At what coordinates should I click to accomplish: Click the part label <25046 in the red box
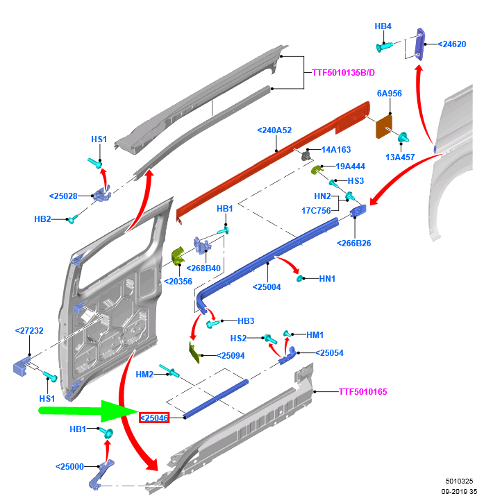pos(155,418)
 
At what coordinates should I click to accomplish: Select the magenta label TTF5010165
pos(362,392)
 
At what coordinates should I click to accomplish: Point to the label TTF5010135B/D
pos(343,72)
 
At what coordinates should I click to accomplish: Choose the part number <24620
pos(452,44)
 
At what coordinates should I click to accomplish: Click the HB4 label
pos(383,26)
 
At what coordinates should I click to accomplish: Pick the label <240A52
pos(274,130)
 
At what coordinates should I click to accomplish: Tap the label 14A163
pos(336,150)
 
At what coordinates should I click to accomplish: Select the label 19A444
pos(351,166)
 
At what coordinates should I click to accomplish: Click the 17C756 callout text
pos(315,211)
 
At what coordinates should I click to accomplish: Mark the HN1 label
pos(327,279)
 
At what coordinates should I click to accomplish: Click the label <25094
pos(230,355)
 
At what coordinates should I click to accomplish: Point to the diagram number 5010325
pos(459,480)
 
